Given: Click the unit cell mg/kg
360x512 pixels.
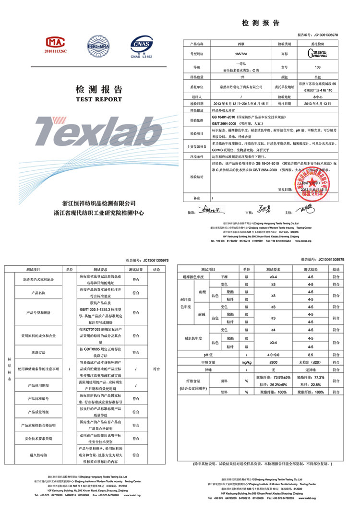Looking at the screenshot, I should pyautogui.click(x=246, y=363).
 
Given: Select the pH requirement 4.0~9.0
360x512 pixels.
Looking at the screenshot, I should pyautogui.click(x=273, y=355).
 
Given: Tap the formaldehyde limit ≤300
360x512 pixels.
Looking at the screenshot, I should pyautogui.click(x=273, y=363).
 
